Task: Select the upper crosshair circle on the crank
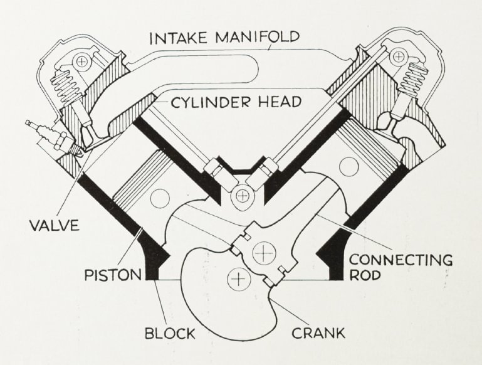click(263, 253)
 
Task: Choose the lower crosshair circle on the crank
click(237, 277)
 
